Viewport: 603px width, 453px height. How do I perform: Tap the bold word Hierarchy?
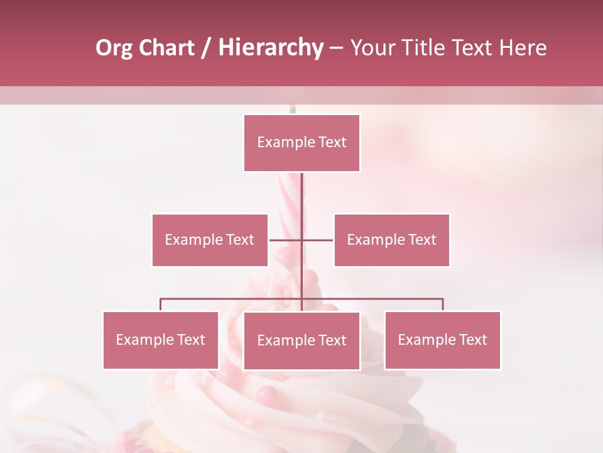click(x=271, y=48)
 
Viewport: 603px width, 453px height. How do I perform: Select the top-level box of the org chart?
click(x=301, y=143)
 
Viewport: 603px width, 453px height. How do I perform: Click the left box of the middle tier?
click(x=210, y=240)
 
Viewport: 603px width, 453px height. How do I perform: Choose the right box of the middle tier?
click(x=391, y=240)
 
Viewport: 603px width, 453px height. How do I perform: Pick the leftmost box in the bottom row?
click(x=161, y=340)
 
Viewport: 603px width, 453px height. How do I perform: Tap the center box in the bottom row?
click(x=301, y=340)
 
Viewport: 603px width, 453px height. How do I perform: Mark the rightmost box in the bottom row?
click(x=442, y=340)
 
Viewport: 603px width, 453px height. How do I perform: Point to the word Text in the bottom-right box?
click(x=472, y=340)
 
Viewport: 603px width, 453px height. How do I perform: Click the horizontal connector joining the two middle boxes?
click(x=286, y=240)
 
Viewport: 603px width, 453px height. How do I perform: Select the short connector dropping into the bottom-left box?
click(x=161, y=305)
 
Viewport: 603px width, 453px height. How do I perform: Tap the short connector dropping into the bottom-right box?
click(x=443, y=305)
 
